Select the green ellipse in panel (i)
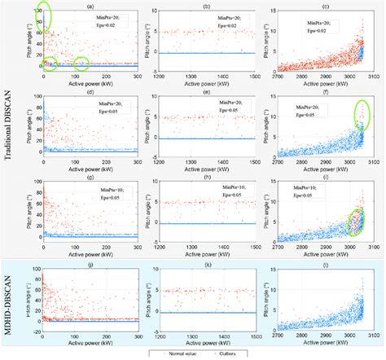point(356,221)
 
